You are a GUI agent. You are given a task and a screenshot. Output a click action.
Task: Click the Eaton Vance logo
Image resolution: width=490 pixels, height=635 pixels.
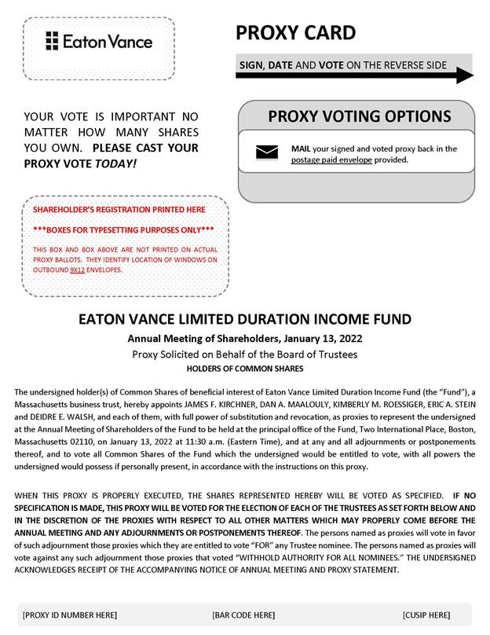tap(99, 41)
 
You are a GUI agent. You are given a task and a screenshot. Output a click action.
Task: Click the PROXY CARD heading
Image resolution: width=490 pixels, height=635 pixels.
tap(295, 33)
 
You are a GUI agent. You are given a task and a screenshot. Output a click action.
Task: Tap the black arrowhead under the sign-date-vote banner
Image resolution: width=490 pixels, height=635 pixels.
tap(464, 75)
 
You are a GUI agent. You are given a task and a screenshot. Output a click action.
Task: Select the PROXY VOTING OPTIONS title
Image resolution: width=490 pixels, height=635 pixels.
tap(359, 117)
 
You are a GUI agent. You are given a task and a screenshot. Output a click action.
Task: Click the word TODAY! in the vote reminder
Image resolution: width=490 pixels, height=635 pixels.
tap(115, 163)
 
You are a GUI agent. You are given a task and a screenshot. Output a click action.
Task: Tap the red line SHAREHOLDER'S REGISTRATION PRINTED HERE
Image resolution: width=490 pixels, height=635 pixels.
tap(119, 210)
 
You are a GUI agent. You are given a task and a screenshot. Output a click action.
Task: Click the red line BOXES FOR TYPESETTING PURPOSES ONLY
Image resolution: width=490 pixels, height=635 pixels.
tap(123, 229)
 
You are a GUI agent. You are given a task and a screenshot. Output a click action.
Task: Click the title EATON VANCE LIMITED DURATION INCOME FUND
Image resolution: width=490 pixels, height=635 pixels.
tap(244, 320)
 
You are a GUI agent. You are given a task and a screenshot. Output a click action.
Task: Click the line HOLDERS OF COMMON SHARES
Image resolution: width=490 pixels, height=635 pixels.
tap(244, 369)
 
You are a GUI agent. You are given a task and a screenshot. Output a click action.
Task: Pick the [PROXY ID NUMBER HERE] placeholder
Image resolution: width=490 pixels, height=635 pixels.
tap(70, 615)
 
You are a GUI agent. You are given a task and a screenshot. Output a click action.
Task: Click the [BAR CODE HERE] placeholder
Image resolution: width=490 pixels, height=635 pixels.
tap(243, 615)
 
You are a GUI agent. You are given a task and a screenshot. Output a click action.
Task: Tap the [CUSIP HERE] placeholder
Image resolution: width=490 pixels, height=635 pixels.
tap(426, 615)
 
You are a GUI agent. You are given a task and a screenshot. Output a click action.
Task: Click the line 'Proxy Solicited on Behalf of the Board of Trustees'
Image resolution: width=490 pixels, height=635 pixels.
tap(244, 354)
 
